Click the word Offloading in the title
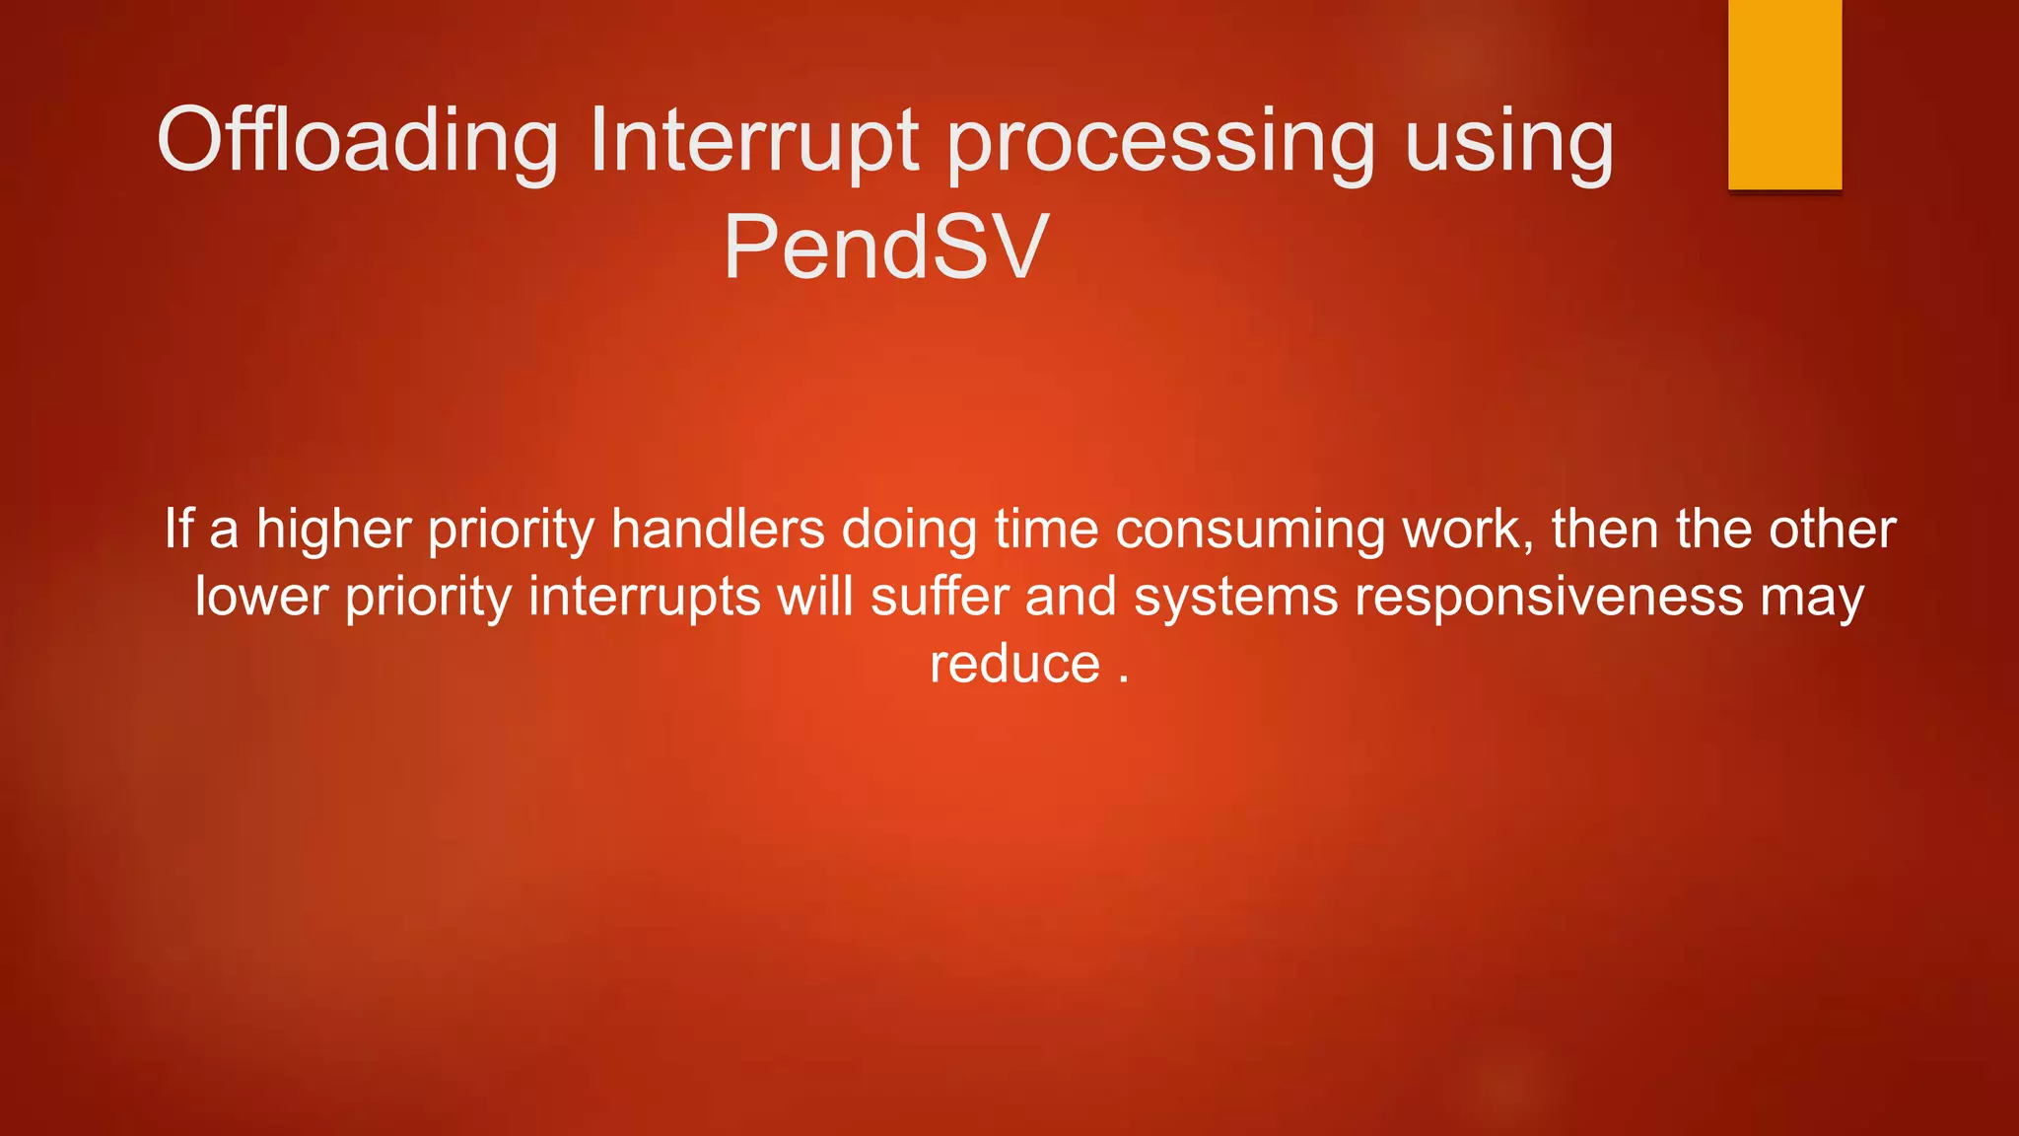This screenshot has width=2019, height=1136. click(358, 142)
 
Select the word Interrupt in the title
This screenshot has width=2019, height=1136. click(754, 142)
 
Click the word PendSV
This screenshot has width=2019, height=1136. click(884, 248)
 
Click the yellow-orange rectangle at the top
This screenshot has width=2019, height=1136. click(1784, 95)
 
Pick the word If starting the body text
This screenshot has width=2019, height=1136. click(178, 529)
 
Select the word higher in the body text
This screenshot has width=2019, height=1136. click(333, 530)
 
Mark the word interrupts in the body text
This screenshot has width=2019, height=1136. click(645, 598)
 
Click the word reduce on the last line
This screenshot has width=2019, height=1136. click(1014, 664)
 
